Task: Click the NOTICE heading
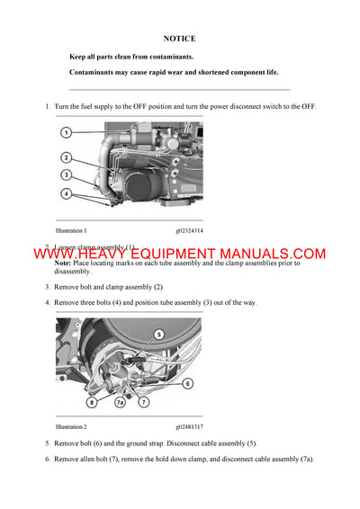(179, 40)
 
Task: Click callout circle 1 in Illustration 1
(67, 133)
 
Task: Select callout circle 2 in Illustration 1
(67, 157)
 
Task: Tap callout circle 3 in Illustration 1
(67, 174)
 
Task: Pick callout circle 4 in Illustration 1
(67, 193)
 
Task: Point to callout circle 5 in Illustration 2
(159, 334)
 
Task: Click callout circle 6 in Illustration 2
(187, 383)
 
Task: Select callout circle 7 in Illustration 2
(142, 403)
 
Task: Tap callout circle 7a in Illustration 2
(120, 403)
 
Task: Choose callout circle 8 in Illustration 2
(92, 403)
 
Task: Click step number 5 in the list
(48, 444)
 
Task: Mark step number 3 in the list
(48, 287)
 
